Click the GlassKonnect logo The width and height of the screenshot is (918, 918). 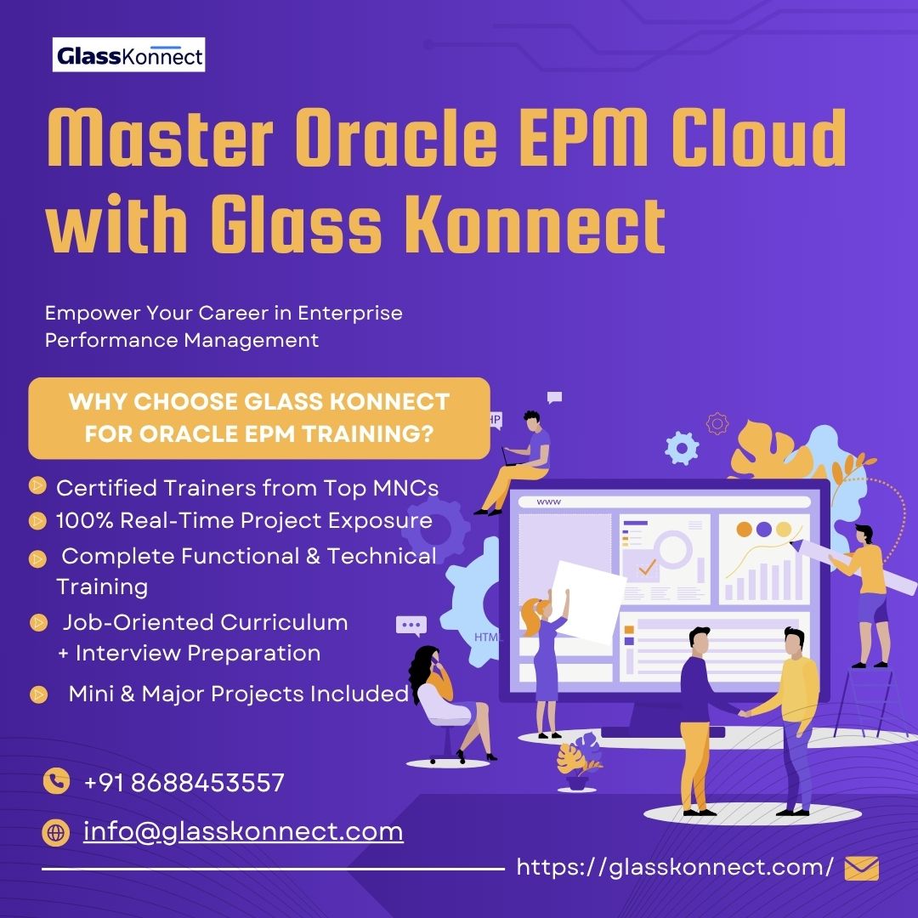pyautogui.click(x=128, y=56)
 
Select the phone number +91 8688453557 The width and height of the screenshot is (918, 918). pyautogui.click(x=184, y=782)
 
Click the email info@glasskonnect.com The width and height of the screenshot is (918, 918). pyautogui.click(x=243, y=830)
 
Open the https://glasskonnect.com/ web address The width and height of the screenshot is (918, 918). pyautogui.click(x=675, y=867)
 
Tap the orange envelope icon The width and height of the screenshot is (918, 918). pyautogui.click(x=861, y=868)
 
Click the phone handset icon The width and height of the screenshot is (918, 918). pyautogui.click(x=56, y=781)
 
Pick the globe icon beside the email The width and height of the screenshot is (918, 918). pyautogui.click(x=56, y=833)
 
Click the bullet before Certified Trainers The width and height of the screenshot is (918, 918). pyautogui.click(x=37, y=485)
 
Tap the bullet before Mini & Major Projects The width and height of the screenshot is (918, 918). pyautogui.click(x=37, y=694)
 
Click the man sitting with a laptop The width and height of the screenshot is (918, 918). pyautogui.click(x=520, y=459)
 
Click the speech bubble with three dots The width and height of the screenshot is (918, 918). pyautogui.click(x=411, y=626)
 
